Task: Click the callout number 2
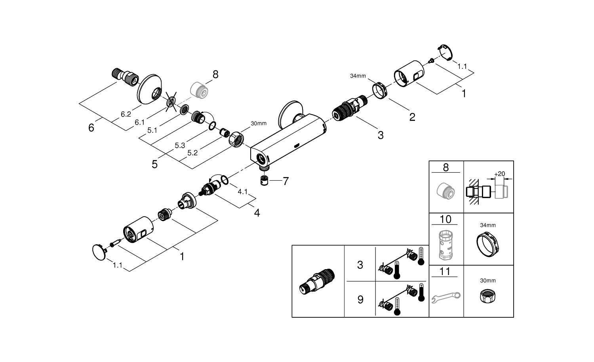412,117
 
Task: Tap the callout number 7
285,181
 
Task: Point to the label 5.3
180,145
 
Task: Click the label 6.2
126,114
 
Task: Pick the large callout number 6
91,128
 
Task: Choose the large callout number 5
154,164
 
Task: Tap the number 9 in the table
360,300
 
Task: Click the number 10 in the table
445,219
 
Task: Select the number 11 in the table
445,271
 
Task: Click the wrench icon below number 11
445,297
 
